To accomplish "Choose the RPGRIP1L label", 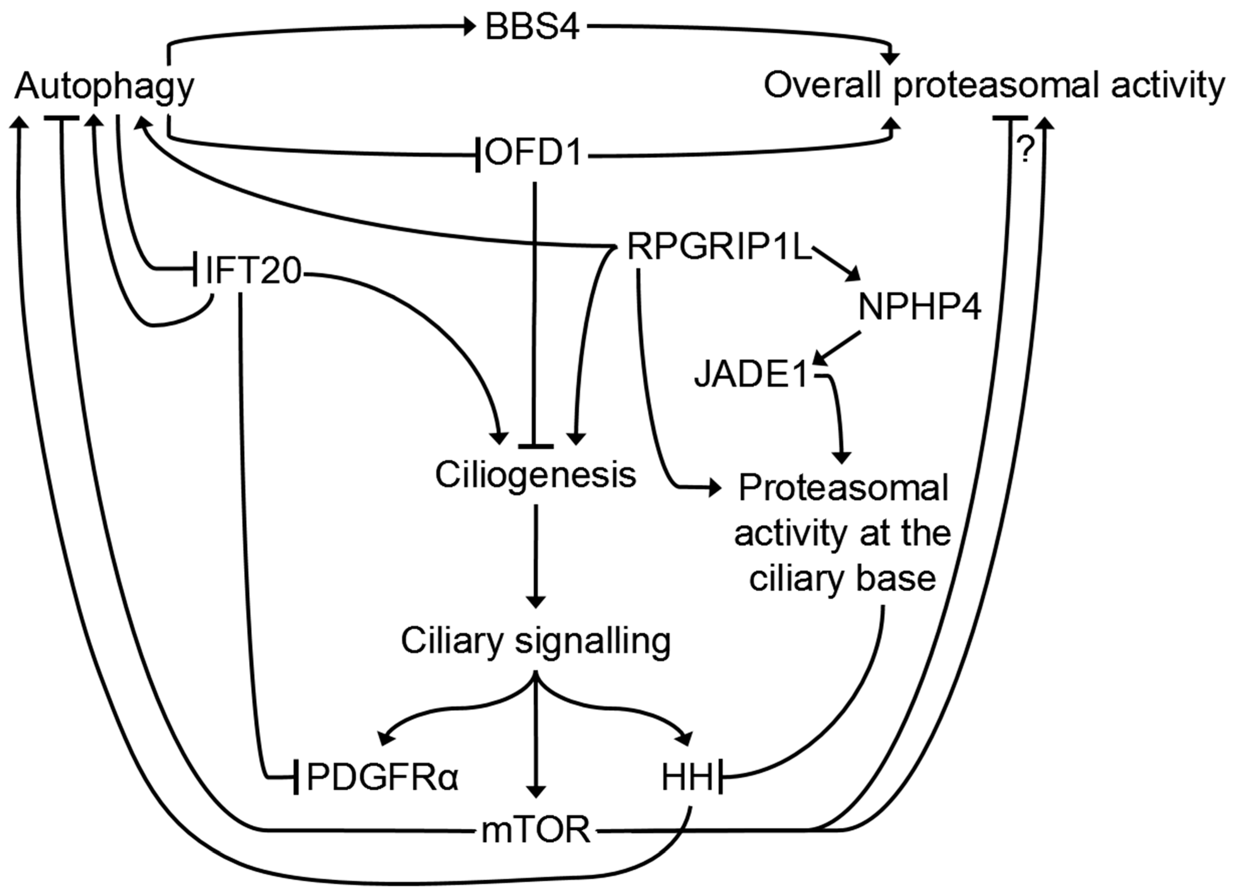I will pyautogui.click(x=719, y=247).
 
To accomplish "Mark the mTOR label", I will pyautogui.click(x=536, y=830).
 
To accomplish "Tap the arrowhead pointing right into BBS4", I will pyautogui.click(x=469, y=26).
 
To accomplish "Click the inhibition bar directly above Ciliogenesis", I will pyautogui.click(x=536, y=446).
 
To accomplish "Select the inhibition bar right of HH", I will pyautogui.click(x=721, y=775).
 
